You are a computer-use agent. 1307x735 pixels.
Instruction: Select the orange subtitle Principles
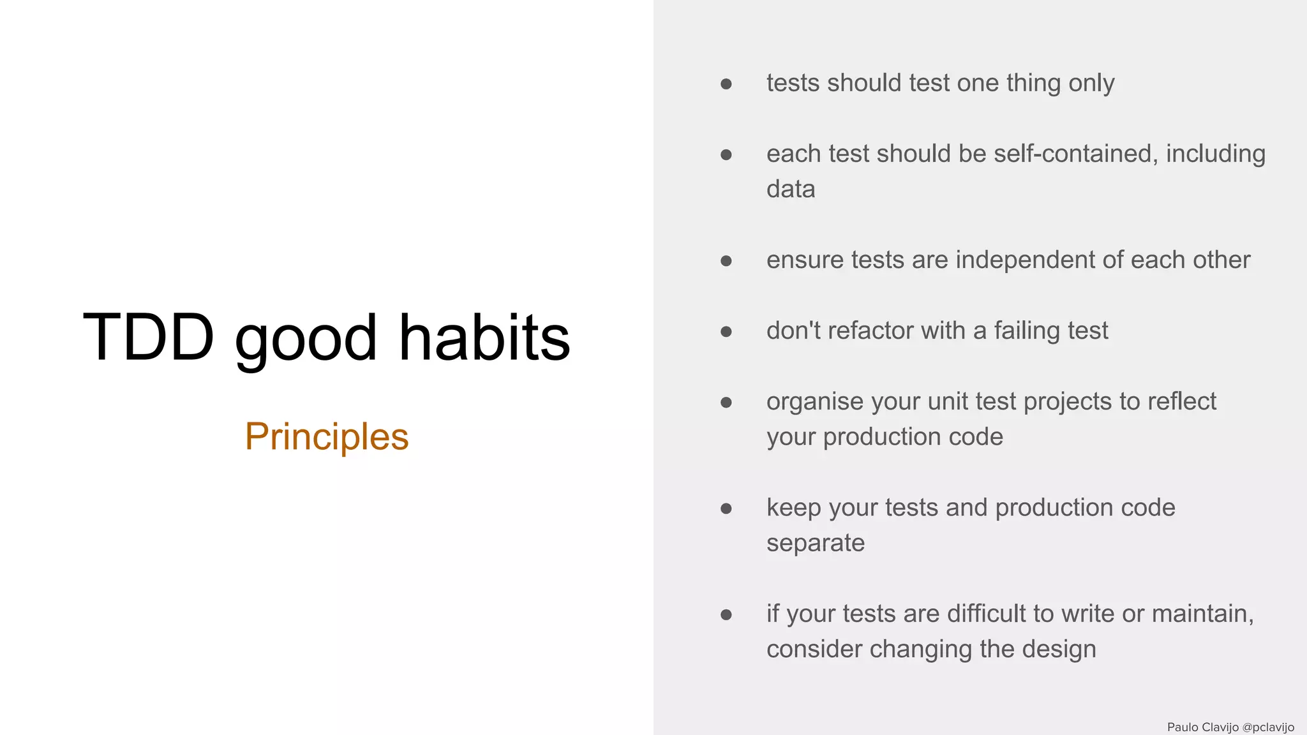(327, 437)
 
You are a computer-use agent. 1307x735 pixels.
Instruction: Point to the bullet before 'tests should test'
(726, 84)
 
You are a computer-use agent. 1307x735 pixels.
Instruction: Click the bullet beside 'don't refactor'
(726, 331)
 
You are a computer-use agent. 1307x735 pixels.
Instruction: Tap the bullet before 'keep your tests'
(726, 509)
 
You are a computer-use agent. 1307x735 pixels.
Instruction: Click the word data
(791, 189)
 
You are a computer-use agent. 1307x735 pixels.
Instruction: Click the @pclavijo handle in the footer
(1269, 727)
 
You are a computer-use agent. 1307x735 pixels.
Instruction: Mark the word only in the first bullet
(1092, 84)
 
